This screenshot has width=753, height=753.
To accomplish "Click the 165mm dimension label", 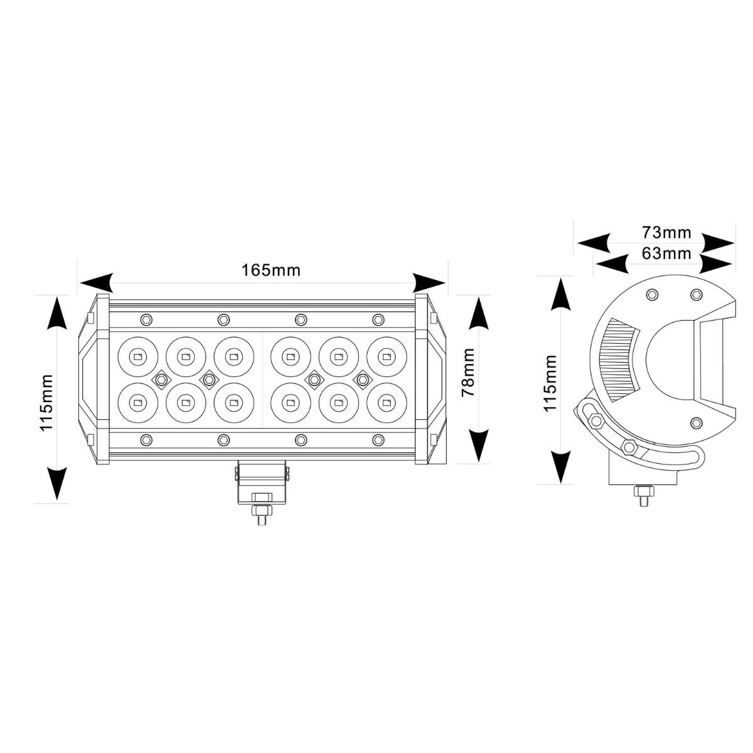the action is coord(271,270).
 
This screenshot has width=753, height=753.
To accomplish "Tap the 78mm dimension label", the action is coord(467,372).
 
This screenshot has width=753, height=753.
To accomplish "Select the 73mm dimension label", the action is coord(666,233).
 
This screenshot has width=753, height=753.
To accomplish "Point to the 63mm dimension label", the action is coord(666,254).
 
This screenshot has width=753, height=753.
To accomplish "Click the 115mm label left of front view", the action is coord(46,402).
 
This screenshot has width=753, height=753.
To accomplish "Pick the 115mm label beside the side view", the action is coord(550,383).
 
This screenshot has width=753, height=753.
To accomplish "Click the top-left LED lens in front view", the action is coord(137,357).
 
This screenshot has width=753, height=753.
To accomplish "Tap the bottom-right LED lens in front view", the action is coord(387,402).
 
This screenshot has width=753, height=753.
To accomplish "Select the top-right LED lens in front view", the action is coord(387,357).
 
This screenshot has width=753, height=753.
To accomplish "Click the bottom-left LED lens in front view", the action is coord(137,402).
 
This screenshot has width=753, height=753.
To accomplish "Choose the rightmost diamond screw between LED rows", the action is coord(363,379).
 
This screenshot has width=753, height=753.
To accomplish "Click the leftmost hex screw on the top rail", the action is coord(146,319).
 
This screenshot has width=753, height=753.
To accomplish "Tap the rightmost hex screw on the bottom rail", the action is coord(378,440).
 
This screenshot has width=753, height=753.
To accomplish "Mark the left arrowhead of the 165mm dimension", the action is coord(96,282).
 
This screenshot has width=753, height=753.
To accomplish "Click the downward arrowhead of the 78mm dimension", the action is coord(479,446).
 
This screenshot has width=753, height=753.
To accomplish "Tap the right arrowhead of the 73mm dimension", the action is coord(717,243).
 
